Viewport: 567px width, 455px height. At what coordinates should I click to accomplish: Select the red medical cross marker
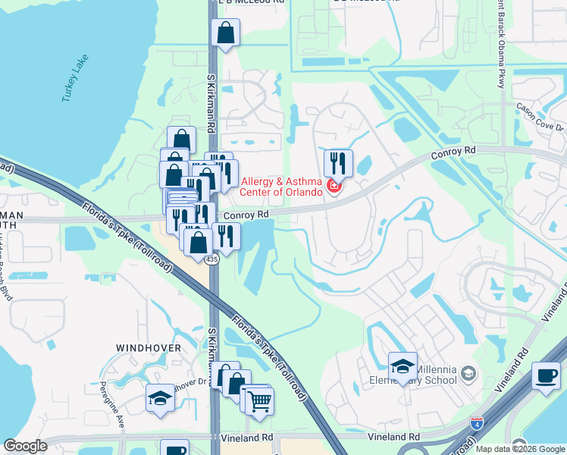(x=333, y=186)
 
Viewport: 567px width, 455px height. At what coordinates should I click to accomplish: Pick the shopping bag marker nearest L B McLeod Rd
(x=227, y=33)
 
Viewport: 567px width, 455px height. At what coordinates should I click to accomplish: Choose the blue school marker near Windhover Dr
(x=160, y=399)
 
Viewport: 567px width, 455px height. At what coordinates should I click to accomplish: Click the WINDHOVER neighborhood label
(x=148, y=347)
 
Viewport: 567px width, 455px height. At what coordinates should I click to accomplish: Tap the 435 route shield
(x=213, y=259)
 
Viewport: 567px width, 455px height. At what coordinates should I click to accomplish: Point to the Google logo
(x=25, y=446)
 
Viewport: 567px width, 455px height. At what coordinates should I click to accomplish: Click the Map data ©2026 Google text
(x=520, y=449)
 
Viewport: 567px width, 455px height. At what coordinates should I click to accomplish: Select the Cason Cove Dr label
(x=540, y=116)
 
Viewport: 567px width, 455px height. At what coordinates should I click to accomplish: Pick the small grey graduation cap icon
(x=468, y=373)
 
